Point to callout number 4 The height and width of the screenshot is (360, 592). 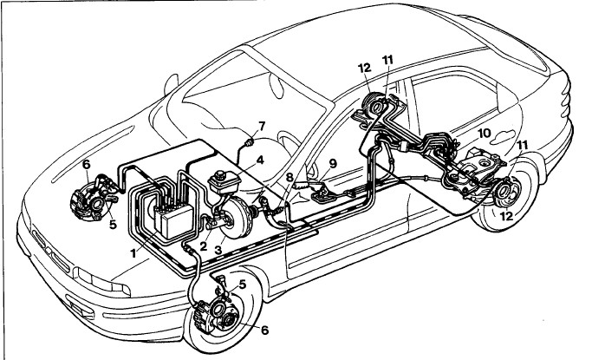pyautogui.click(x=260, y=160)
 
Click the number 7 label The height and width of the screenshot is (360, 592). pyautogui.click(x=262, y=127)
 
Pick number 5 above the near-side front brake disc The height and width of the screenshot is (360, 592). pyautogui.click(x=243, y=283)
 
